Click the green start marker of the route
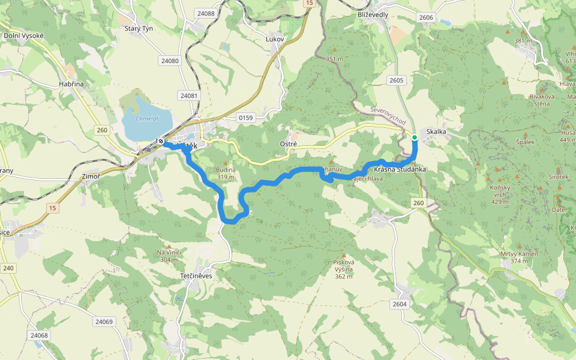tap(415, 137)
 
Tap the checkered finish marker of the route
tap(161, 142)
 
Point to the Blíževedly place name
tap(373, 14)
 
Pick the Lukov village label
tap(274, 38)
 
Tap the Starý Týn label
tap(139, 28)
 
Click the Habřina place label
tap(71, 85)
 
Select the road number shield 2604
tap(400, 304)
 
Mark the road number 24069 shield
tap(103, 322)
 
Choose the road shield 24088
tap(205, 13)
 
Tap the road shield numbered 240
tap(8, 268)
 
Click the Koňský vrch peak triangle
tap(497, 179)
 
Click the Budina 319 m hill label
tap(226, 173)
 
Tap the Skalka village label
tap(436, 131)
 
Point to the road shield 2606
tap(426, 18)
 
